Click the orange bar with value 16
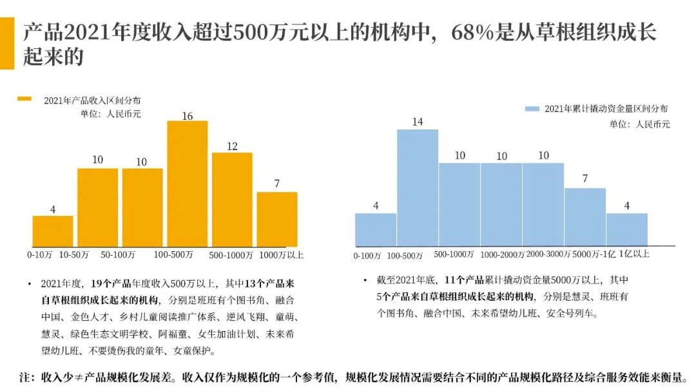click(x=188, y=184)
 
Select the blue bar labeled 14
click(x=417, y=187)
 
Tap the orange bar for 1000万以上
click(x=277, y=219)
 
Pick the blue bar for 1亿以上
click(x=626, y=229)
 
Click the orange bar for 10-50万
click(x=98, y=207)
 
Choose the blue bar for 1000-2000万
click(x=501, y=204)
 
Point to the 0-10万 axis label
click(x=40, y=254)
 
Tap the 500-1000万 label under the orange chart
click(x=231, y=255)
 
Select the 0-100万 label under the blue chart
click(x=367, y=256)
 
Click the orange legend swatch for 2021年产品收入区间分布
click(x=24, y=99)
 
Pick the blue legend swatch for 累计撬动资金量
click(x=532, y=110)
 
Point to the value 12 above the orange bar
click(x=232, y=146)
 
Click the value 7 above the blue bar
click(x=585, y=178)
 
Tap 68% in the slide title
click(x=474, y=32)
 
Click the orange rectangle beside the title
click(x=7, y=43)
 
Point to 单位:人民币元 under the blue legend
click(x=639, y=124)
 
